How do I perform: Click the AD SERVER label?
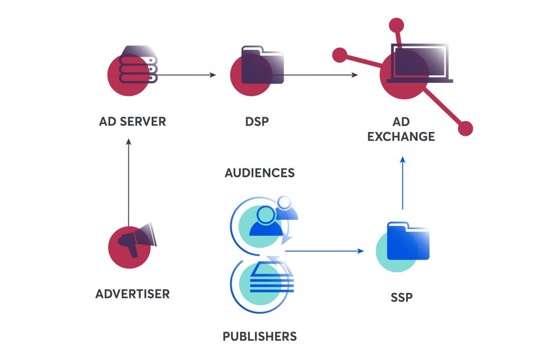click(133, 122)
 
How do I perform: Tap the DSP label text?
click(257, 122)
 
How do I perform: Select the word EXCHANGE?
click(401, 136)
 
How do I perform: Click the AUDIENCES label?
click(260, 173)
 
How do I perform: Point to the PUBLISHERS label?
click(260, 336)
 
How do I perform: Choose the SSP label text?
click(402, 297)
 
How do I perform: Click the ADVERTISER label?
click(133, 294)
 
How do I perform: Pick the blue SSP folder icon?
click(408, 241)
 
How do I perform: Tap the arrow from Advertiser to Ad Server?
click(129, 182)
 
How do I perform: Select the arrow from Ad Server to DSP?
click(187, 75)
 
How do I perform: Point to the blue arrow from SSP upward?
click(402, 183)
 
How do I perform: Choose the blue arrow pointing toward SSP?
click(324, 251)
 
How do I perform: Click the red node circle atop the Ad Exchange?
click(396, 26)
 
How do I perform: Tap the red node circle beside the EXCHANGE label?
click(465, 129)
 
